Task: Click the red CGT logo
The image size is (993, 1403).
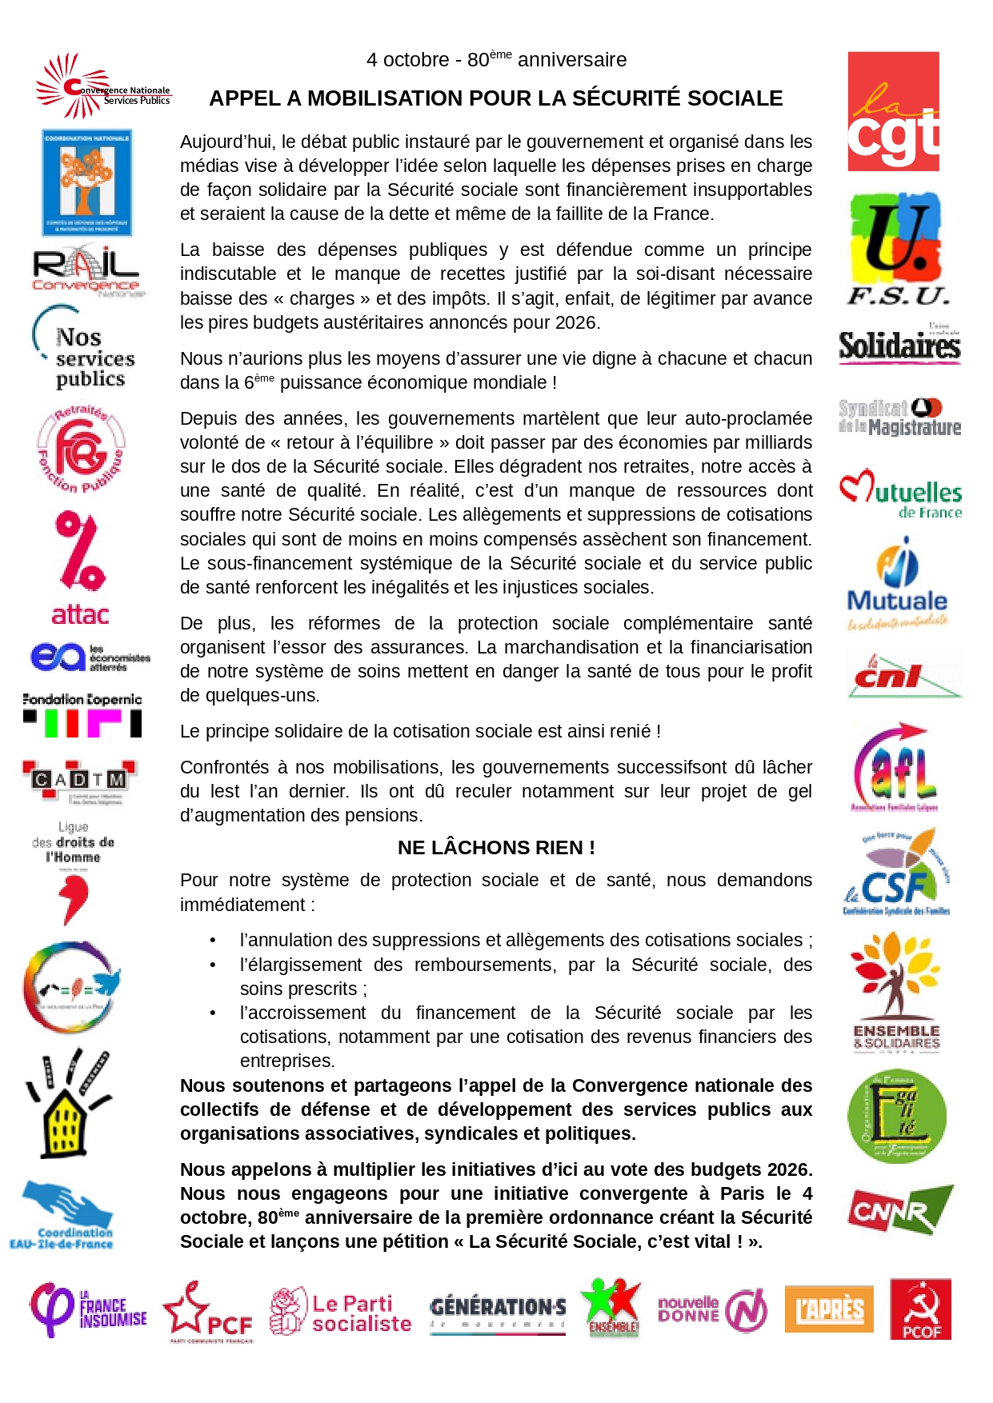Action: point(893,111)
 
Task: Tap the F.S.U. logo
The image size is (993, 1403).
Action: point(898,249)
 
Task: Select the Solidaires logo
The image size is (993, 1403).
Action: point(899,345)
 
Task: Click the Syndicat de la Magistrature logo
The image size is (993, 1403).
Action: point(899,417)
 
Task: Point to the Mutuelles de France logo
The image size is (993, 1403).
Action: point(900,495)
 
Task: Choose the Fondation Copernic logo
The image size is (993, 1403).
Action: point(82,714)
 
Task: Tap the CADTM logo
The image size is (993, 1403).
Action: point(80,780)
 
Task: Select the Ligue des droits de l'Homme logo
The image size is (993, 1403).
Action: point(74,872)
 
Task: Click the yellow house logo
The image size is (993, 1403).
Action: point(69,1105)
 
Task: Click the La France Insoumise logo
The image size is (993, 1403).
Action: point(88,1309)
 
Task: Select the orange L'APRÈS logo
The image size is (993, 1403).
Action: point(828,1309)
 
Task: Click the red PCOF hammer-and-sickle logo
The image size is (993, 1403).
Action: point(920,1309)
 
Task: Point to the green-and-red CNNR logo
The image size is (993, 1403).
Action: point(900,1210)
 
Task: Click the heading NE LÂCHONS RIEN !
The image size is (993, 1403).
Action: point(496,848)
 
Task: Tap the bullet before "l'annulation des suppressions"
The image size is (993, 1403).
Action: point(213,941)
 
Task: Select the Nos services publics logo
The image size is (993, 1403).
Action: point(84,349)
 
